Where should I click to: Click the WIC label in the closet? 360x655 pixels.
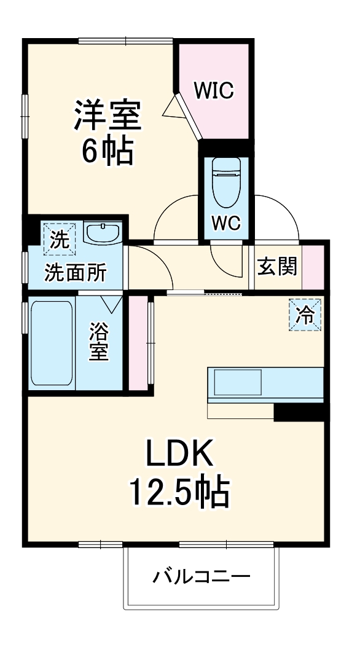point(214,91)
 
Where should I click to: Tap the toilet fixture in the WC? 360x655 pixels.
point(225,182)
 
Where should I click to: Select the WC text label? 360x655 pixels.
point(225,222)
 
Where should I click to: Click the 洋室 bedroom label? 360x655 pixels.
point(108,114)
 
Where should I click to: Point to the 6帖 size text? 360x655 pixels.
point(108,151)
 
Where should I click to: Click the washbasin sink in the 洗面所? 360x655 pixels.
point(103,233)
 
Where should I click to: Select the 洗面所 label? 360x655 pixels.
point(75,272)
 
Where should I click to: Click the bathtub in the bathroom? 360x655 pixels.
point(51,342)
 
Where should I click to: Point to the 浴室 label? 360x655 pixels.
point(99,342)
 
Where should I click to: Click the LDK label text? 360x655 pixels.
point(179,454)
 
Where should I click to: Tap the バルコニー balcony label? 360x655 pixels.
point(202,577)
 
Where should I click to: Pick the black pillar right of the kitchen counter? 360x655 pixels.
point(299,413)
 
